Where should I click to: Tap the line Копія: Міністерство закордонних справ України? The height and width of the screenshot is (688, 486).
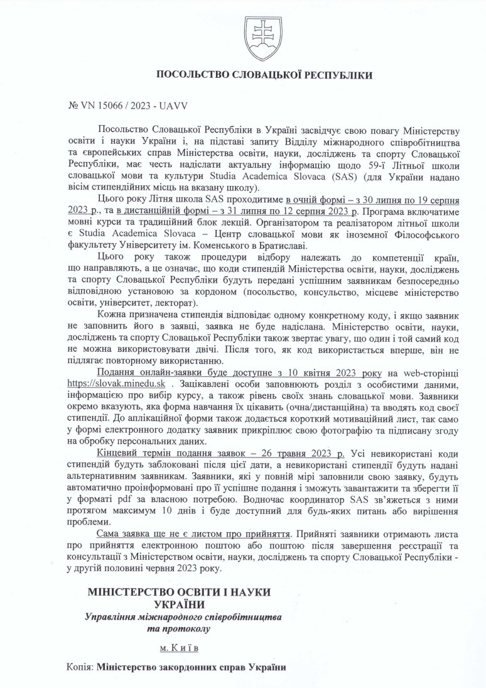[176, 668]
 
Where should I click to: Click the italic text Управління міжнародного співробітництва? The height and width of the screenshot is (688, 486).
[183, 616]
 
